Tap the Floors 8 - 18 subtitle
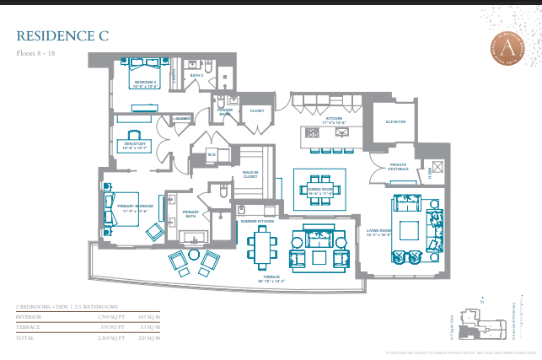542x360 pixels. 38,53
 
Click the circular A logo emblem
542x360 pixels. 508,50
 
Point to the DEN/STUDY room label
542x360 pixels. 135,146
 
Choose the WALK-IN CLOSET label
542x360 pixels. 251,175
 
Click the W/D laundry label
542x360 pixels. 212,154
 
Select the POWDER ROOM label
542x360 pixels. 225,111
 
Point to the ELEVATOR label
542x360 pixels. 396,121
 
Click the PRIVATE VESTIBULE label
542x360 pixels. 399,166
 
